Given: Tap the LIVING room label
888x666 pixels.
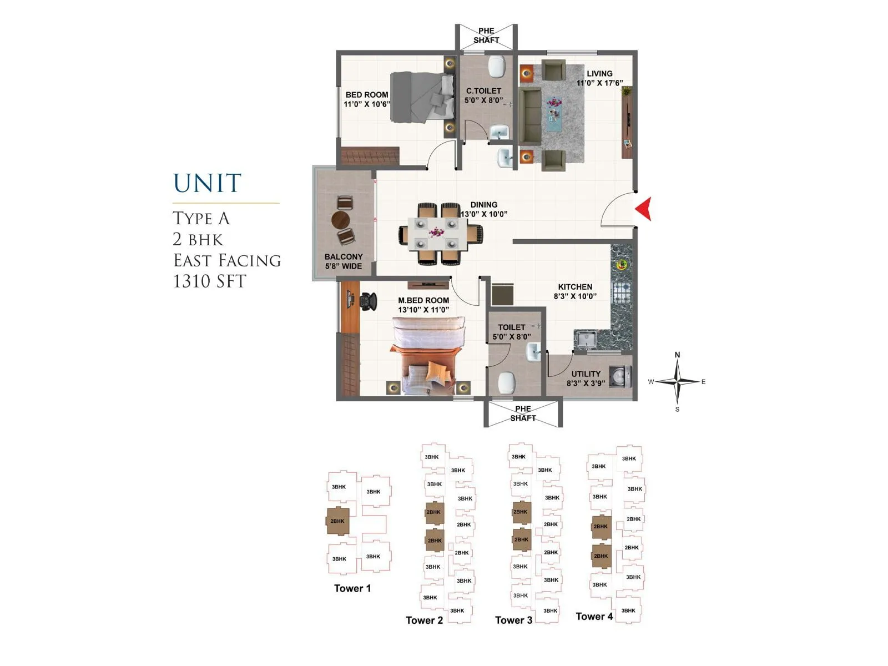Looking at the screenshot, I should tap(599, 73).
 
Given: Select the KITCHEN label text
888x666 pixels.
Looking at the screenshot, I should tap(575, 287).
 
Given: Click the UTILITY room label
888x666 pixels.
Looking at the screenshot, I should tap(586, 374).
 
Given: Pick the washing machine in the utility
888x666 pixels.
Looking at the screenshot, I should tap(620, 376).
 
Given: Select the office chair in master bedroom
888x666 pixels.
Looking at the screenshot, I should tap(366, 301).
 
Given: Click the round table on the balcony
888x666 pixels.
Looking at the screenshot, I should tap(341, 220).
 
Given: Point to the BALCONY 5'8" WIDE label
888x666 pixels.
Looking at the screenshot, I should tap(344, 261).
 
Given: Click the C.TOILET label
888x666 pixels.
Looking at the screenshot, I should tap(483, 91).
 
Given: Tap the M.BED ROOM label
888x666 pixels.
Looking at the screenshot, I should tap(423, 300).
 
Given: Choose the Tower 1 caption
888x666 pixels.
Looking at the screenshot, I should tap(352, 588).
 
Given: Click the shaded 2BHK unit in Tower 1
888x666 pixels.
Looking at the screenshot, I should tap(337, 521).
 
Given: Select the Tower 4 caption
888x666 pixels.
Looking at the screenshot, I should tap(594, 617).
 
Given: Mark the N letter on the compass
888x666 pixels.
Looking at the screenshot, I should tap(677, 355).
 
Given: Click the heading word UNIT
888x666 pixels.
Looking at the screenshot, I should tap(208, 184).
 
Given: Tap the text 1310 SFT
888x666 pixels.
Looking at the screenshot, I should tap(209, 281).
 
